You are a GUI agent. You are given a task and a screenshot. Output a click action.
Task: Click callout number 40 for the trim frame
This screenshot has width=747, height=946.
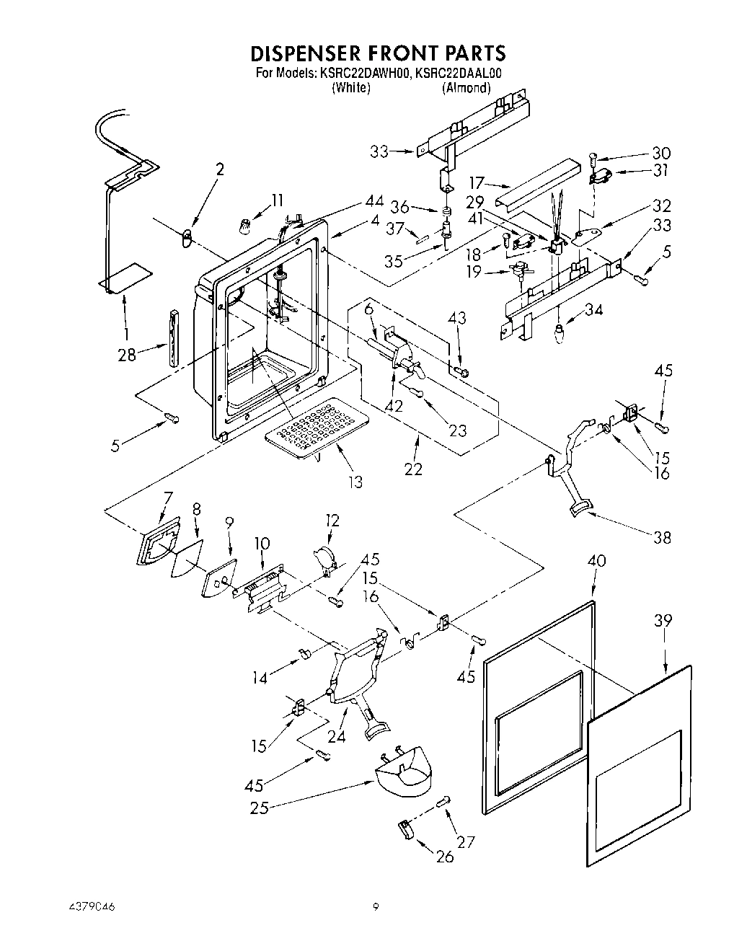click(x=597, y=560)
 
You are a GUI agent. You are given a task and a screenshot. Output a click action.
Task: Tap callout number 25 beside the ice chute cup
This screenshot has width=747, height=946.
click(x=259, y=808)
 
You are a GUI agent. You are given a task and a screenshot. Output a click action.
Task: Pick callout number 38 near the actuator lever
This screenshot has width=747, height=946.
click(x=661, y=537)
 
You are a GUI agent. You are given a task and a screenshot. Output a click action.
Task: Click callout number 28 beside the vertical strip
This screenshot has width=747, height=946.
click(x=127, y=355)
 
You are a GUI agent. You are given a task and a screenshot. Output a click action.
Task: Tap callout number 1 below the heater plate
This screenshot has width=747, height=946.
click(x=127, y=335)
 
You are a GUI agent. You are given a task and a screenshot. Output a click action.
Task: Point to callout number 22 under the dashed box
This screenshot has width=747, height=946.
click(x=413, y=469)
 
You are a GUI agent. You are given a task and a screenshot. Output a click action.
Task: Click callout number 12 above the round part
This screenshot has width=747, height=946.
click(x=332, y=520)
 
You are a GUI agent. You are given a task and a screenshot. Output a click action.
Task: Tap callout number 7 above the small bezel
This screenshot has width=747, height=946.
click(x=168, y=498)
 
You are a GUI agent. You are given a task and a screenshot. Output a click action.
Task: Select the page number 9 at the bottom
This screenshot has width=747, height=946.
click(x=376, y=906)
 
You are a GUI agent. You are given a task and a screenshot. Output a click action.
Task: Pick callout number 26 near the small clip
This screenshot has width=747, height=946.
click(x=445, y=856)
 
